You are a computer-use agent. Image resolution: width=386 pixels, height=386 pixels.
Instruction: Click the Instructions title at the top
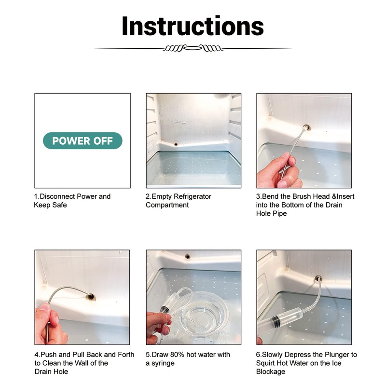(193, 26)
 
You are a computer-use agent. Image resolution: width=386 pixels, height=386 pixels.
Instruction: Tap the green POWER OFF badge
(83, 141)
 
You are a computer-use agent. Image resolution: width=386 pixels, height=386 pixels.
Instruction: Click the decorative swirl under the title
(193, 48)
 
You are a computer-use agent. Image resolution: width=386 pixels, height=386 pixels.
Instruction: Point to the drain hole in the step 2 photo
(177, 144)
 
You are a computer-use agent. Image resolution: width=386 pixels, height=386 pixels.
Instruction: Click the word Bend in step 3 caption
(272, 196)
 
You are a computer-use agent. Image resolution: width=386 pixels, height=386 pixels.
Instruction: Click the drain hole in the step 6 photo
(318, 278)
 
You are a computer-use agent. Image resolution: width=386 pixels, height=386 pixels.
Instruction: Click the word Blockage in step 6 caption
(271, 372)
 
